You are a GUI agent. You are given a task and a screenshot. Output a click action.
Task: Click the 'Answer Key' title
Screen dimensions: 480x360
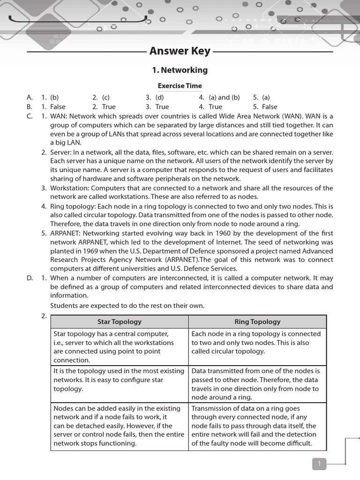pos(180,51)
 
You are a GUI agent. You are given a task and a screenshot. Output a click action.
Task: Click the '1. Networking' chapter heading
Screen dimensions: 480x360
pos(180,70)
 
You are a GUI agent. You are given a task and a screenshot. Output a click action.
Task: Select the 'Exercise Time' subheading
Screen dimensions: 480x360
pos(180,86)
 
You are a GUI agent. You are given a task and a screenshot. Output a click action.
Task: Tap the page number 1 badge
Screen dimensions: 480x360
pos(319,464)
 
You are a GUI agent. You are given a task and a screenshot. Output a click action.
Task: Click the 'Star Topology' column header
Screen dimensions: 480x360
pos(119,322)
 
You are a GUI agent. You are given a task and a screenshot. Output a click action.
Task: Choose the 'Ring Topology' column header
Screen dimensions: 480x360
pos(257,322)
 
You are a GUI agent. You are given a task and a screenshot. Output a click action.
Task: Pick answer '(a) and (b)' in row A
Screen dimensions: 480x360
pos(224,97)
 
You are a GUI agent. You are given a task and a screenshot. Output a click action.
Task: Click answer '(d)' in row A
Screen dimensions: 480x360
pos(160,97)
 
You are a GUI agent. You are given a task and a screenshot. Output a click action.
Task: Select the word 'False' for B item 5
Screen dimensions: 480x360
pos(270,107)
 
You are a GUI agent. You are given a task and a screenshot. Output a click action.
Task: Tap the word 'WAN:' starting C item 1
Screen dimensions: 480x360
pos(59,116)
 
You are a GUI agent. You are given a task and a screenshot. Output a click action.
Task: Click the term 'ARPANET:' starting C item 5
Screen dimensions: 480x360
pos(67,233)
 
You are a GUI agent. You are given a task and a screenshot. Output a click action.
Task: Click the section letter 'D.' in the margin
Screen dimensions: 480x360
pos(30,278)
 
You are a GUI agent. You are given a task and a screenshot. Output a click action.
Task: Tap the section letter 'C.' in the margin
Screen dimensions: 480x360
pos(30,116)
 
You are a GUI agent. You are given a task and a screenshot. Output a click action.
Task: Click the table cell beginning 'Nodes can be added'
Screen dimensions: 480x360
pos(119,426)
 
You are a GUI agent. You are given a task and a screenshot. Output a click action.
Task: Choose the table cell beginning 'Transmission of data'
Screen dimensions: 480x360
pos(257,426)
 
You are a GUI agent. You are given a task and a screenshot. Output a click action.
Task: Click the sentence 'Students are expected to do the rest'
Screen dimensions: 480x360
pos(127,306)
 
